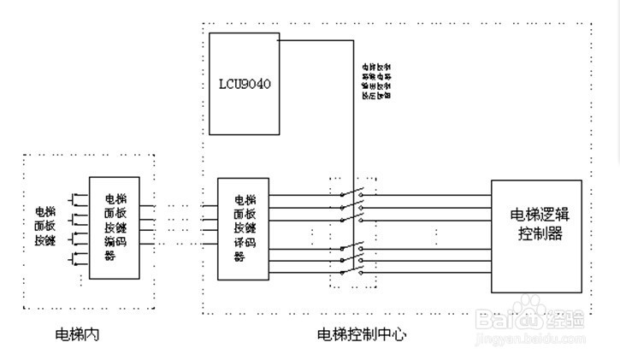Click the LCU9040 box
pyautogui.click(x=245, y=83)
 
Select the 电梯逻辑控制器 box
pyautogui.click(x=536, y=237)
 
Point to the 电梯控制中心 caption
pyautogui.click(x=362, y=334)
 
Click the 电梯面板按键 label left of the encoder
pyautogui.click(x=44, y=227)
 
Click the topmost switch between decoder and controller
pyautogui.click(x=351, y=194)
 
